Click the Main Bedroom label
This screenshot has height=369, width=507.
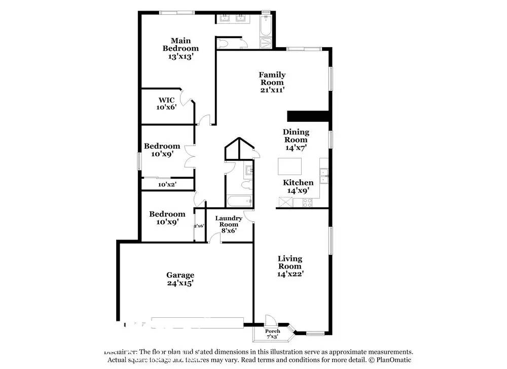(x=180, y=44)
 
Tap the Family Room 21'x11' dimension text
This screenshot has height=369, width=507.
(x=272, y=90)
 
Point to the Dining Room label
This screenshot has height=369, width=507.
(x=296, y=136)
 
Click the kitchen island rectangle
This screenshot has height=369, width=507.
(x=289, y=166)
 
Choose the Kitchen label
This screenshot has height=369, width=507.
(x=298, y=183)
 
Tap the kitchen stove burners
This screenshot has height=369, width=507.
(x=308, y=203)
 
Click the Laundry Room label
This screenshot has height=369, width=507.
(x=228, y=221)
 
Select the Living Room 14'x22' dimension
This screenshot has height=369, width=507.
(x=290, y=274)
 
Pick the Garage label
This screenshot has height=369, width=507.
(x=180, y=275)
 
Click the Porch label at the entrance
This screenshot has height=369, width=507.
(x=272, y=331)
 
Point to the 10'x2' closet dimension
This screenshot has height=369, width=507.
(x=167, y=185)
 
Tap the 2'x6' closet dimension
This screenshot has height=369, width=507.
(x=199, y=226)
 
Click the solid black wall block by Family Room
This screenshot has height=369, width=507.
(x=309, y=116)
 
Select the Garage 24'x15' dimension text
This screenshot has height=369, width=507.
(x=180, y=283)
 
